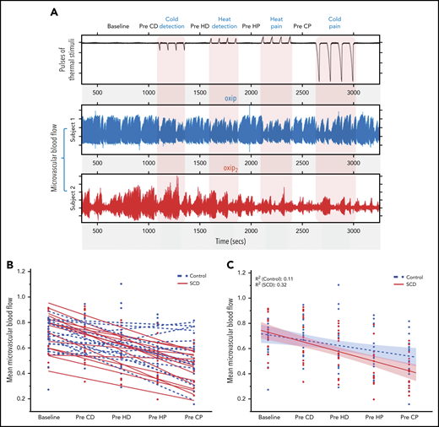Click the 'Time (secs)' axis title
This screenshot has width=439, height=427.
[x=230, y=241]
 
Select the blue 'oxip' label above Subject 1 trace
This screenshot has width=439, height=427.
[x=230, y=99]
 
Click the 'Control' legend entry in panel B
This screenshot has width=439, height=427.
[x=197, y=274]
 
